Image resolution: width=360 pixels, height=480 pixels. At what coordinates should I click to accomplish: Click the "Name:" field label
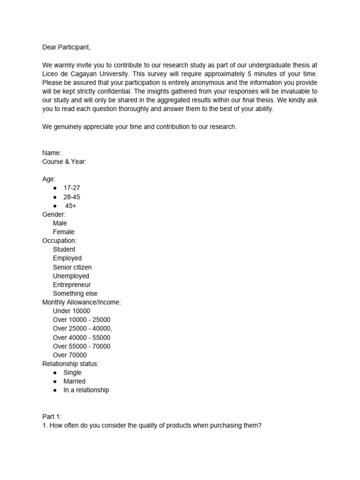pos(52,153)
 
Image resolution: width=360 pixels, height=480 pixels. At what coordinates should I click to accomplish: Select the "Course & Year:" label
pos(64,162)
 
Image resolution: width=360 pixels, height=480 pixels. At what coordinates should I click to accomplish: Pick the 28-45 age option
pos(72,197)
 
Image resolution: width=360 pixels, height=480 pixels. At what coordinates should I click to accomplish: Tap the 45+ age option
pos(71,206)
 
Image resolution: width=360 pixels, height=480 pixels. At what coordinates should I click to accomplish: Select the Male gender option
pos(60,223)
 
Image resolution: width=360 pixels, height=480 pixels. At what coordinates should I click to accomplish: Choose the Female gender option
pos(64,232)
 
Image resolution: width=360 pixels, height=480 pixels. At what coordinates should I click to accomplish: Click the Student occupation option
pos(64,249)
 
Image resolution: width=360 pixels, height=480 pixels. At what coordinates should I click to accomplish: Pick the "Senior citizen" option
pos(72,267)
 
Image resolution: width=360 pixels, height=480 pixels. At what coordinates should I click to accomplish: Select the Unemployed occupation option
pos(71,276)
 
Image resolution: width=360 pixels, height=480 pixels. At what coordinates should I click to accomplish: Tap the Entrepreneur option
pos(72,285)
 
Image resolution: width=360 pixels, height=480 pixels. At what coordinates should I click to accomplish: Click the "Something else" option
pos(75,293)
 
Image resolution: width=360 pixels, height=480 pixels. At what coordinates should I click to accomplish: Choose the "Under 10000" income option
pos(72,311)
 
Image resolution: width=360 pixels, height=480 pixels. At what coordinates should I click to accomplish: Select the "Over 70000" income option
pos(70,355)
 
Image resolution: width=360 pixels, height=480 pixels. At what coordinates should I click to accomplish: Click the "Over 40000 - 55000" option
pos(82,337)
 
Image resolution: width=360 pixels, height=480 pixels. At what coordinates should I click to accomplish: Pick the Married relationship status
pos(75,381)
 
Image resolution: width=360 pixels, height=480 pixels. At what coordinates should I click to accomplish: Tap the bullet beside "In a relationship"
pos(55,390)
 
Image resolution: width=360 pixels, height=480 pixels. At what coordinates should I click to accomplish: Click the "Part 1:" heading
pos(52,416)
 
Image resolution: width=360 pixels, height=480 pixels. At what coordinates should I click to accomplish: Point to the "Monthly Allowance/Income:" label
pos(82,302)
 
